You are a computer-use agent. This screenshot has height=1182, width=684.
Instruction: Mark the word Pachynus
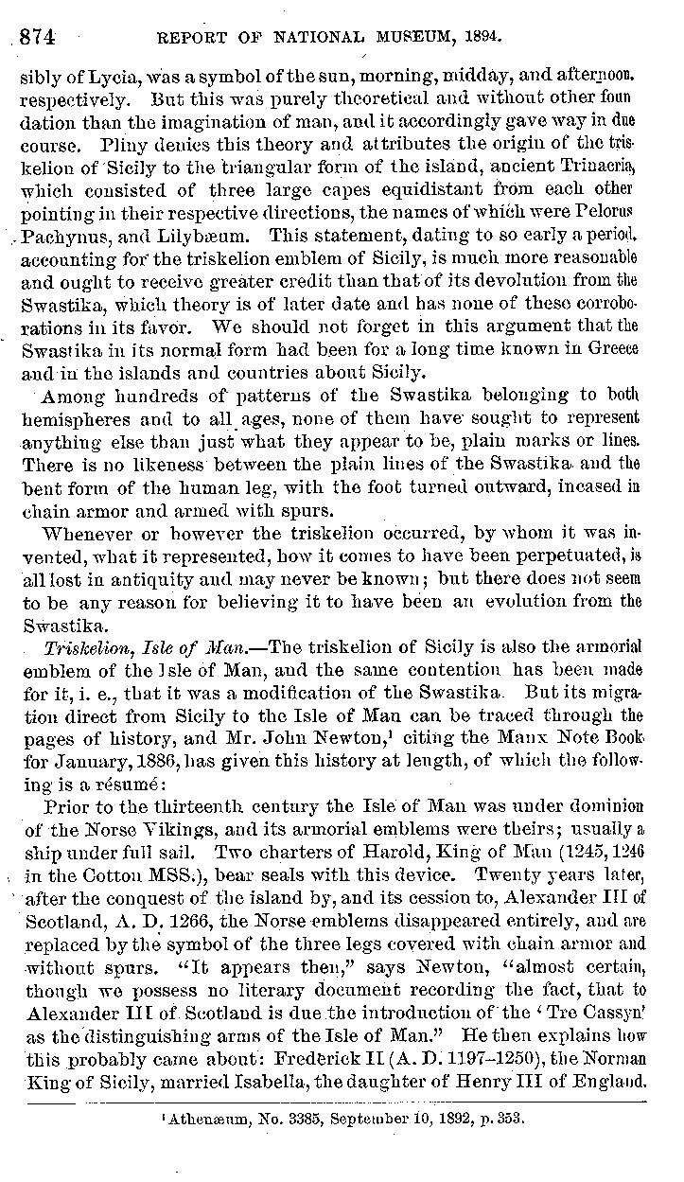click(58, 231)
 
